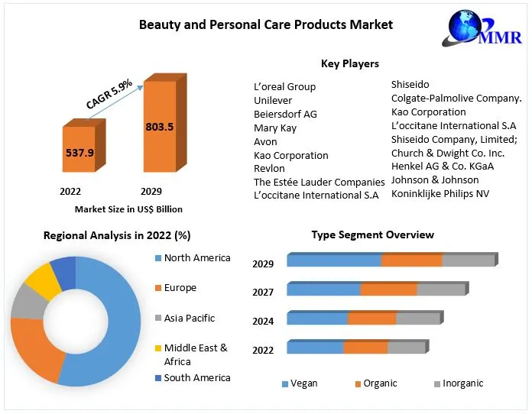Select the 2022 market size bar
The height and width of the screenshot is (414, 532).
point(79,153)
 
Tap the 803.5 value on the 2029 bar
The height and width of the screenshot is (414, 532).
point(159,127)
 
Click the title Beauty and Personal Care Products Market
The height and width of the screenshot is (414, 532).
point(266,24)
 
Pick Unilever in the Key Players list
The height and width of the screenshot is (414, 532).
point(274,100)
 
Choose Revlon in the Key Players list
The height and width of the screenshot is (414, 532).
point(270,169)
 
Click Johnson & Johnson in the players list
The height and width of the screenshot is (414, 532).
point(435,180)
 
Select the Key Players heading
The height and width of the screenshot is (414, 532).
point(350,63)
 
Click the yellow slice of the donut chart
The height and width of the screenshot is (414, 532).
point(44,282)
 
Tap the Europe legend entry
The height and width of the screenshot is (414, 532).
point(180,288)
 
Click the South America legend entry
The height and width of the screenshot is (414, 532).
point(196,377)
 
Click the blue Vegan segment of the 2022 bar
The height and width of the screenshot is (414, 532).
point(315,348)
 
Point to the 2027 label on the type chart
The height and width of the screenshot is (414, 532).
point(263,293)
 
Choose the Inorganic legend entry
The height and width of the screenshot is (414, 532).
point(462,383)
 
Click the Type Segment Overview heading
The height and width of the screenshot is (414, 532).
point(372,234)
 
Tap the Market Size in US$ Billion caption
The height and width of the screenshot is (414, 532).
point(128,209)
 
